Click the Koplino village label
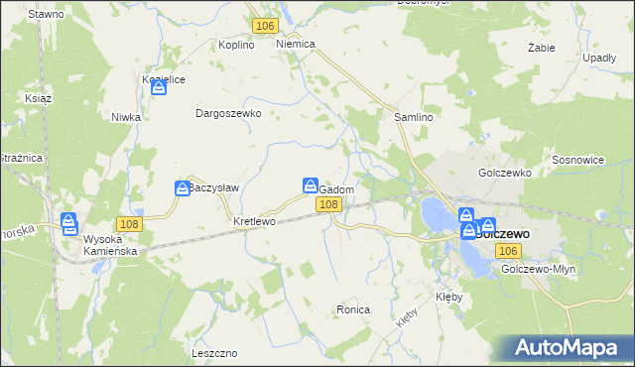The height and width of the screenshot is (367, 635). (x=237, y=45)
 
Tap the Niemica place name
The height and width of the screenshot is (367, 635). (x=296, y=45)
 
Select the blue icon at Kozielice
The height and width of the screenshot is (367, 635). (x=159, y=88)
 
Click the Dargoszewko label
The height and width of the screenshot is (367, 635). (x=228, y=113)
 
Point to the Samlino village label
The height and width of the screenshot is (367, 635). (x=415, y=117)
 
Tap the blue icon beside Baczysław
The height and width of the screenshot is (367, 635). (x=183, y=187)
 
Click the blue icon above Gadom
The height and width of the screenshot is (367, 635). (x=310, y=186)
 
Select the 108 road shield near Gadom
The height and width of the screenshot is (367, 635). (x=329, y=204)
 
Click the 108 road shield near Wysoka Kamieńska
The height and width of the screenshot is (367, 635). (x=129, y=224)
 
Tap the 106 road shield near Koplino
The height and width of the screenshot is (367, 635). (x=264, y=26)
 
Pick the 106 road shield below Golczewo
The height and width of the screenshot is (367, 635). (x=510, y=252)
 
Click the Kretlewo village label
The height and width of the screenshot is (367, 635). (x=253, y=221)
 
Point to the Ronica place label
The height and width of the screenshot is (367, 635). (x=352, y=310)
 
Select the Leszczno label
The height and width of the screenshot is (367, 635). (x=214, y=353)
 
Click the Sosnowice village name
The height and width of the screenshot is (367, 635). (x=578, y=160)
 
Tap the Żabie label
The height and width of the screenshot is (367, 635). (x=541, y=47)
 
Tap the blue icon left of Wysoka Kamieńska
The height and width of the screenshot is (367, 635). (x=68, y=222)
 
